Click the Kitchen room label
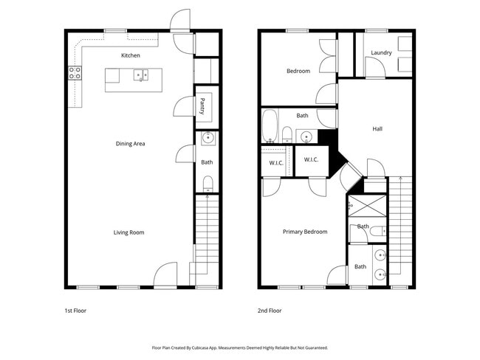(131, 55)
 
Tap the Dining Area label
(129, 143)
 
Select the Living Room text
(128, 232)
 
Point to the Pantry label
(202, 107)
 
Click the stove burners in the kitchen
(75, 72)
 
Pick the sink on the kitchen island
(140, 75)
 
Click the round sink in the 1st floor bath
(208, 137)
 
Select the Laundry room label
(381, 52)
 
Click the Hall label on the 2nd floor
(377, 128)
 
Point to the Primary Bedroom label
(305, 232)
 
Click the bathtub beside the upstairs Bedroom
(269, 125)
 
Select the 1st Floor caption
(75, 311)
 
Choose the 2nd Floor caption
(270, 311)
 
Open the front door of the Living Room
(165, 277)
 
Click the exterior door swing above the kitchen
(180, 20)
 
